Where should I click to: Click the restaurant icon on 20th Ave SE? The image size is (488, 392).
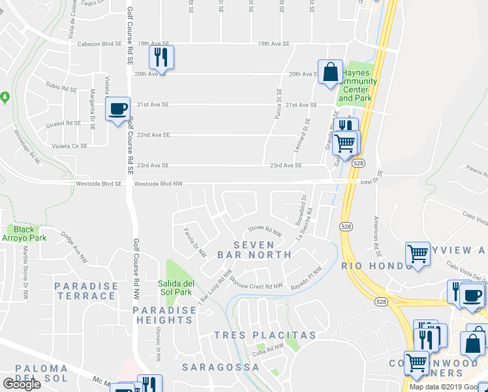[x=160, y=57]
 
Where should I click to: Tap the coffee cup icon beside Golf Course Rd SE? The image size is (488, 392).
[x=117, y=110]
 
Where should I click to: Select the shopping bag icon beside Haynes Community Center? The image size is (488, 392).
[x=330, y=73]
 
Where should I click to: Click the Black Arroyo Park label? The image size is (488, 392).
[x=23, y=234]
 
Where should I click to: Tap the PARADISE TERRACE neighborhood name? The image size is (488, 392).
[x=85, y=291]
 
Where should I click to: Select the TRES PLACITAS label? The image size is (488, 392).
[x=265, y=335]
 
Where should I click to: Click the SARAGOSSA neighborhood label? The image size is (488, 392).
[x=220, y=367]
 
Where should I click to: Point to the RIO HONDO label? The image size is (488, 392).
[x=370, y=265]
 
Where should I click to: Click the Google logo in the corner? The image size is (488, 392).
[x=22, y=384]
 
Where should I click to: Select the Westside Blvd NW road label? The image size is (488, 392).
[x=159, y=184]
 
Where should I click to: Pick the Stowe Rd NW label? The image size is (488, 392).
[x=265, y=231]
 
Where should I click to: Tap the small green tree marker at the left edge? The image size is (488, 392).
[x=5, y=97]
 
